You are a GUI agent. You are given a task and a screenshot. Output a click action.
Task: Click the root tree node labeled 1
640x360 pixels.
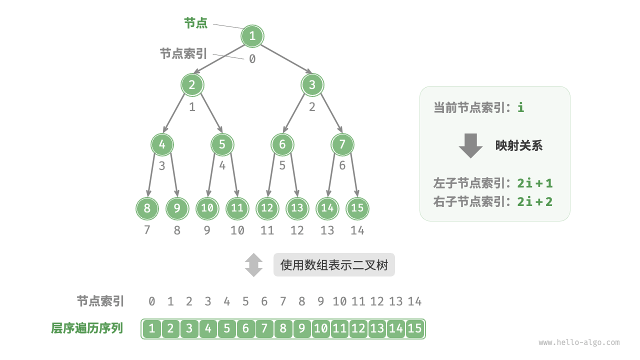coord(252,36)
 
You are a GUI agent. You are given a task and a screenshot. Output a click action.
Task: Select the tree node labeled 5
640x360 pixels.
coord(222,145)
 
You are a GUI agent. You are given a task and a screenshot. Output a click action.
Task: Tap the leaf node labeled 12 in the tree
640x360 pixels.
coord(267,208)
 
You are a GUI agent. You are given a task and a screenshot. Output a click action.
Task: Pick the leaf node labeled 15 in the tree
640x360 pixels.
coord(357,208)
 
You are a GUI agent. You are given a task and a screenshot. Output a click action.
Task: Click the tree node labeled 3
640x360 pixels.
coord(312,85)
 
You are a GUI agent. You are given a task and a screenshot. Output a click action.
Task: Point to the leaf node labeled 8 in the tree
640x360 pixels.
coord(147,208)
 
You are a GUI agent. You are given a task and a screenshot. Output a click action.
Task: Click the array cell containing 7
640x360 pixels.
coord(264,328)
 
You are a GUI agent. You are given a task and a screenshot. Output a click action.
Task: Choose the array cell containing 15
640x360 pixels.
coord(415,328)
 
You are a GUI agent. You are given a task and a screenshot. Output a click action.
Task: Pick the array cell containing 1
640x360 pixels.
coord(152,328)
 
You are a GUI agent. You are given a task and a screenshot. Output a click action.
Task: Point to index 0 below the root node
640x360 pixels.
coord(252,59)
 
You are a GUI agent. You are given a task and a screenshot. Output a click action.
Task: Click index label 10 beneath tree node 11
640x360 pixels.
coord(237,230)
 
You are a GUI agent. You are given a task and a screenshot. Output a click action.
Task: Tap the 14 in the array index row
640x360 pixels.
coord(414,301)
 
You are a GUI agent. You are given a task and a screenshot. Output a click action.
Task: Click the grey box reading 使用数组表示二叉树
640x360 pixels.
coord(334,265)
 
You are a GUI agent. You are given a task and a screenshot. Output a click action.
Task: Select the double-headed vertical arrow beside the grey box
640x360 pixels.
coord(253,265)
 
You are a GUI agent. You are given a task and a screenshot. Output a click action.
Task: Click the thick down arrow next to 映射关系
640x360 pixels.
coord(470,145)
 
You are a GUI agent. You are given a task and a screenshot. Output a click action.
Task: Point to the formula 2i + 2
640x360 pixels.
coord(535,201)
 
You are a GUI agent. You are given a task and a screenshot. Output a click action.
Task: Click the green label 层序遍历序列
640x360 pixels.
coord(87,328)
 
